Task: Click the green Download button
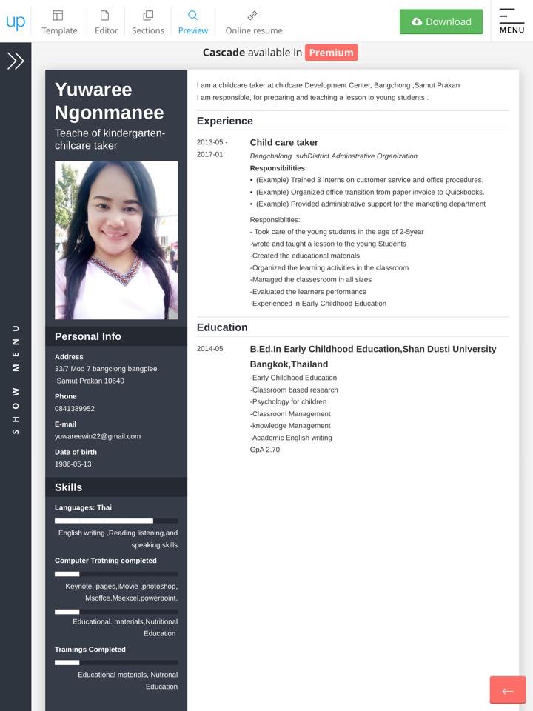441,21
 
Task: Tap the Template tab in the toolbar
59,21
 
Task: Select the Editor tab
106,21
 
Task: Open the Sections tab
148,21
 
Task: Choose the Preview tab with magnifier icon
193,21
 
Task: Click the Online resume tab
254,21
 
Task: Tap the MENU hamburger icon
512,21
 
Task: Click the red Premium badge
331,53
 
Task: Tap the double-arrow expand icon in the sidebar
16,61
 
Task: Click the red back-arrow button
507,690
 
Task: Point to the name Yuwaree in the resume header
93,90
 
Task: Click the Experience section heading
225,121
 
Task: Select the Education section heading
222,327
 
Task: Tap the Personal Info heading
88,336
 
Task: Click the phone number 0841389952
75,408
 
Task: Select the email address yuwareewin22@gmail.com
98,436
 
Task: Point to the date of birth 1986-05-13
73,464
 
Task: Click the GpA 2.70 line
265,450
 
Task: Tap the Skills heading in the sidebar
68,487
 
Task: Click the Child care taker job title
284,142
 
